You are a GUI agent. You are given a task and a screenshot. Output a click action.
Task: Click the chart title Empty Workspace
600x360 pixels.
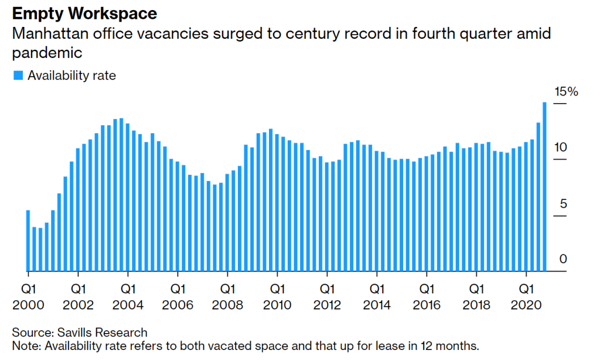[x=84, y=13]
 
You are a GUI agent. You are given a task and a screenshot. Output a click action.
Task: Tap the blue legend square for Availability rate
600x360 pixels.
[x=17, y=75]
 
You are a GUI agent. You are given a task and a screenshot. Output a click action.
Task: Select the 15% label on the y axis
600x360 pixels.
[x=566, y=91]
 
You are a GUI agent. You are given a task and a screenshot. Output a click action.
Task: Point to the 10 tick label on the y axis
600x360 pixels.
[x=561, y=147]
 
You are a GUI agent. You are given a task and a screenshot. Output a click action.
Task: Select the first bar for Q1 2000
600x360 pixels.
[x=28, y=240]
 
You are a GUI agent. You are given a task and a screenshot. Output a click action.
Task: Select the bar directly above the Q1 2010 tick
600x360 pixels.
[x=277, y=203]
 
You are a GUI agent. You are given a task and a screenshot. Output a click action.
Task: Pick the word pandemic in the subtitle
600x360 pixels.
[x=47, y=53]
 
